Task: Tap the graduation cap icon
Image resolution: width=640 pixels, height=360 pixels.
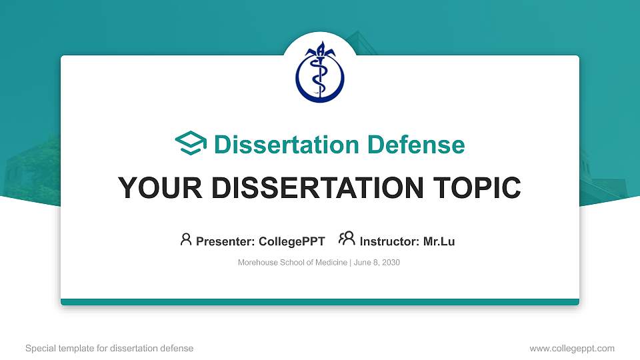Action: pyautogui.click(x=191, y=144)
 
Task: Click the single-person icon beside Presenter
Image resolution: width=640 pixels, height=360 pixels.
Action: pyautogui.click(x=186, y=239)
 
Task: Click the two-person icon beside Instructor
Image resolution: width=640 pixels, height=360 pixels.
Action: pyautogui.click(x=347, y=239)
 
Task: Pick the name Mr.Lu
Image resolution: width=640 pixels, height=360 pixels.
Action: pyautogui.click(x=439, y=241)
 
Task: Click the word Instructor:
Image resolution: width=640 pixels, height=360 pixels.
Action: pyautogui.click(x=389, y=241)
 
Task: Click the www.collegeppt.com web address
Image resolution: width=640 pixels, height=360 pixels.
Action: pyautogui.click(x=571, y=348)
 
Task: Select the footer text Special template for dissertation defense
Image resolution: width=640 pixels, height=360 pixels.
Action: pyautogui.click(x=109, y=348)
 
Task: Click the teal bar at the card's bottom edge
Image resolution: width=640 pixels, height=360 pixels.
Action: pyautogui.click(x=320, y=302)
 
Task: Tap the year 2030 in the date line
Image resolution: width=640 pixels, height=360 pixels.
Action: pyautogui.click(x=391, y=263)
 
